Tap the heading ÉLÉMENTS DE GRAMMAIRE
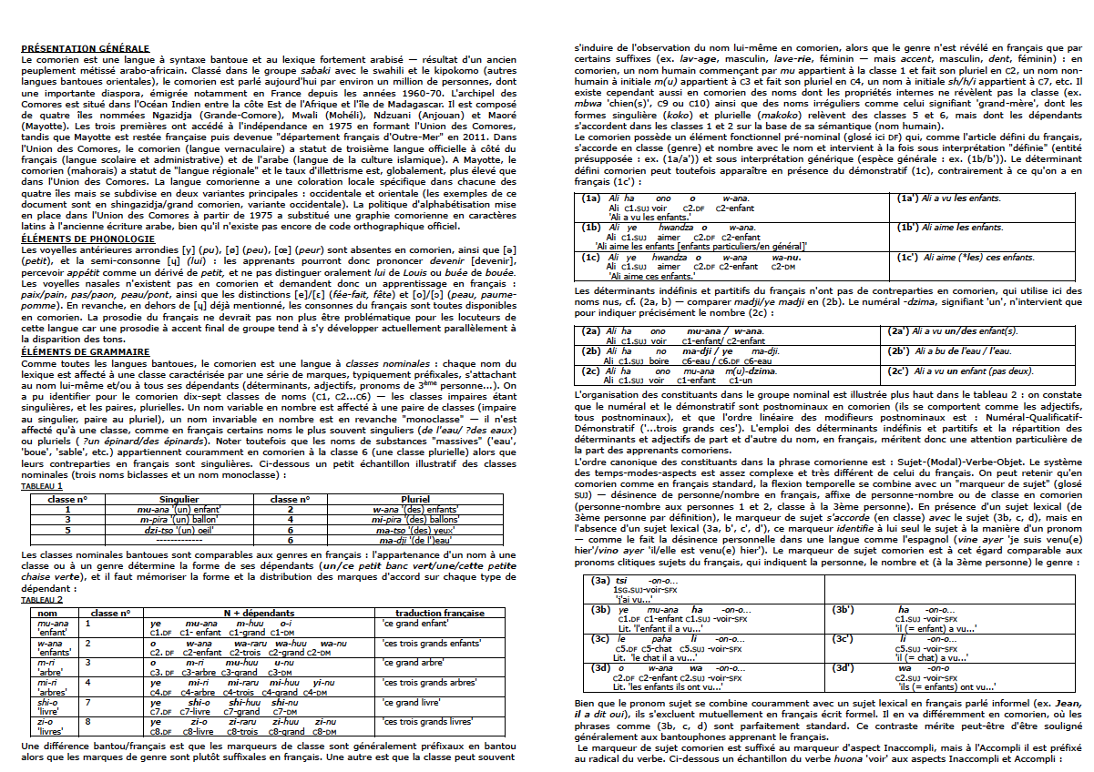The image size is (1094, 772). click(79, 351)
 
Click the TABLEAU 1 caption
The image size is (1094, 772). click(42, 486)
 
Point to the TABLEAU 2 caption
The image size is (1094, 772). click(42, 600)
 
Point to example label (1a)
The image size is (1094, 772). click(592, 198)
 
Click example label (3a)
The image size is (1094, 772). click(600, 580)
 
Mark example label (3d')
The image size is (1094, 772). click(844, 668)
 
